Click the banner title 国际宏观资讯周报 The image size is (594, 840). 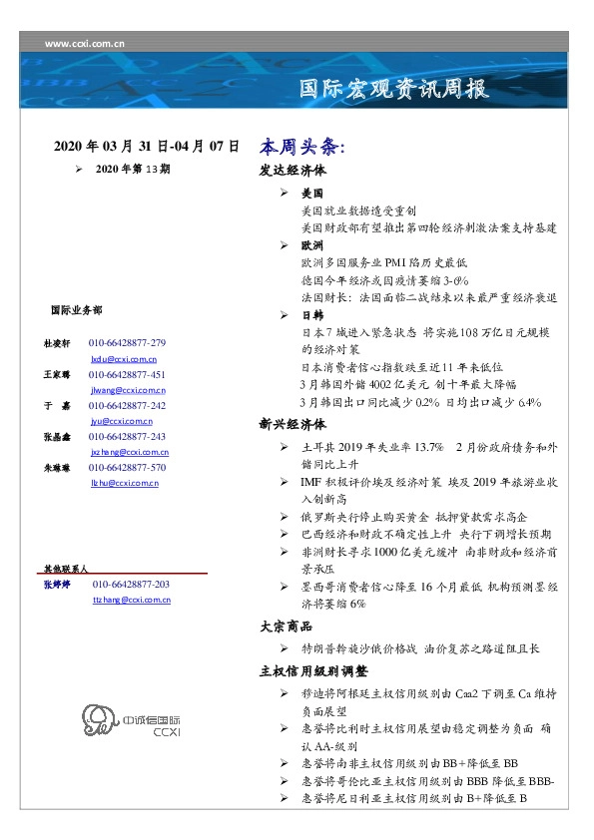[x=394, y=90]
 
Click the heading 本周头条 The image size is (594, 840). [x=301, y=146]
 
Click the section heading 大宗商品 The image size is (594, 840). [x=286, y=627]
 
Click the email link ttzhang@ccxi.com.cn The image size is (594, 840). [x=131, y=600]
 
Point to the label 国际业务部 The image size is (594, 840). [x=75, y=310]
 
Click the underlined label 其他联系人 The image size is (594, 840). [x=66, y=568]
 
